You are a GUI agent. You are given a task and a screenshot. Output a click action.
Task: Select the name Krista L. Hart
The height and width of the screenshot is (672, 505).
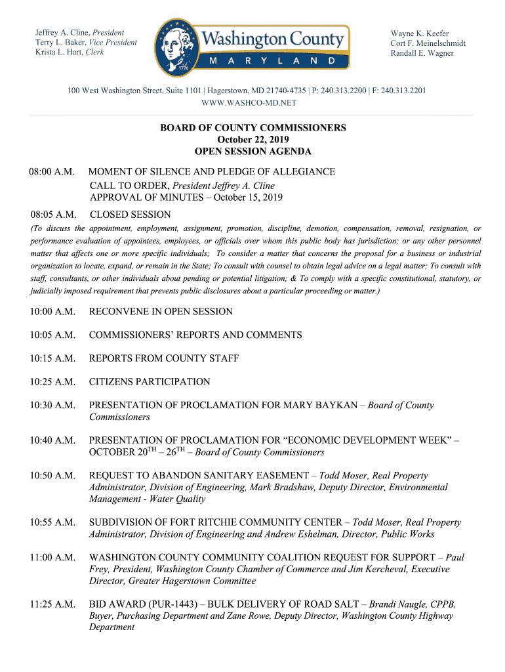[x=60, y=52]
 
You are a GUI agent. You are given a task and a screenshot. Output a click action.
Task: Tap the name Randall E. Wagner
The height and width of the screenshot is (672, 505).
[x=422, y=53]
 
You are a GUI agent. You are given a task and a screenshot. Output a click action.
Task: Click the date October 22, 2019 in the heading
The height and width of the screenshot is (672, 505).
[x=253, y=140]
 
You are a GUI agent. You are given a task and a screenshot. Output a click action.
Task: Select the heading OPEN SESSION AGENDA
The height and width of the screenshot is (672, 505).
[x=253, y=152]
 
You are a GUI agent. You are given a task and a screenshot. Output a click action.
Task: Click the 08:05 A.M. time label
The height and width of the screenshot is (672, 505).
[x=53, y=215]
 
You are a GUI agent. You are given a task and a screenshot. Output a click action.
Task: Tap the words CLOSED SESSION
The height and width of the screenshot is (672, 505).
[x=130, y=215]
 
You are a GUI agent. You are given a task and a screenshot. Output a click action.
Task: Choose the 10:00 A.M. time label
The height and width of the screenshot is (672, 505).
[x=52, y=312]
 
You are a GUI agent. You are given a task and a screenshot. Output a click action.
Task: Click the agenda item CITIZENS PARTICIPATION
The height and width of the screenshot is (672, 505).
[x=150, y=382]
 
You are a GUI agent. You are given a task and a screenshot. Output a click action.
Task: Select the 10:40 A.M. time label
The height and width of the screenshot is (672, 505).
[x=52, y=440]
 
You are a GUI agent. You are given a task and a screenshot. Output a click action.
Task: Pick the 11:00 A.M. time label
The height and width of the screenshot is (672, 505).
[x=52, y=557]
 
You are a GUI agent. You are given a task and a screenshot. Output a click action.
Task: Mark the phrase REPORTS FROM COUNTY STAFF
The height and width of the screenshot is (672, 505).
[x=164, y=358]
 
